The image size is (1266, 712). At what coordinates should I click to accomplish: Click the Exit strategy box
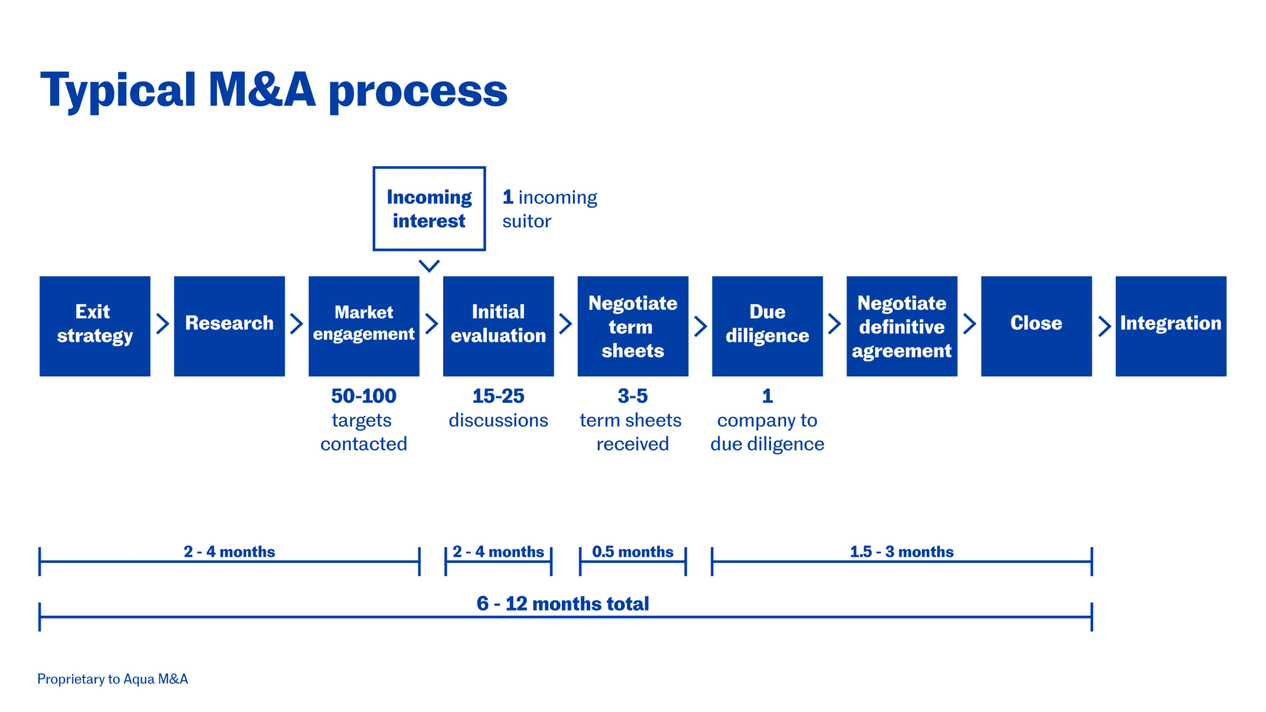coord(95,326)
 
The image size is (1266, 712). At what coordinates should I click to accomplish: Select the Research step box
coord(229,326)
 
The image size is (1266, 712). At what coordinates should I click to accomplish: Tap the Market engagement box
coord(363,326)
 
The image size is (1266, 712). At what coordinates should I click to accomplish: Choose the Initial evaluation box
coord(498,326)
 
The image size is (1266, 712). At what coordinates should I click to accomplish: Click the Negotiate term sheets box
coord(632,326)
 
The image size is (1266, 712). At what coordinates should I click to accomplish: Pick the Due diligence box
coord(767,326)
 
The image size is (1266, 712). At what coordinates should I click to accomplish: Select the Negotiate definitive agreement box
coord(901,326)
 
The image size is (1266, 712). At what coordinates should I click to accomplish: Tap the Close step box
coord(1036,326)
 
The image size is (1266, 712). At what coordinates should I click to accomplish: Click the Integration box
coord(1171,326)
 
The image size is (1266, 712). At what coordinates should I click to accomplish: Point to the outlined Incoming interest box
coord(429,208)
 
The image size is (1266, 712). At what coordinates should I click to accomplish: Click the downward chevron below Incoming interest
coord(429,266)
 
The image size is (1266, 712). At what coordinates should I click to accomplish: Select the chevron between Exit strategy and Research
coord(163,323)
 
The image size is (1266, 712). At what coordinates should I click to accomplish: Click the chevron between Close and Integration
coord(1104,326)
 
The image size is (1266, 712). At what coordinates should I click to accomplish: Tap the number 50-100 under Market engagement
coord(363,396)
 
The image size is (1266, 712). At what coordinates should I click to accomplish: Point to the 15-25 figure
coord(498,396)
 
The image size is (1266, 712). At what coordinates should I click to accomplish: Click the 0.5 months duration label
coord(632,551)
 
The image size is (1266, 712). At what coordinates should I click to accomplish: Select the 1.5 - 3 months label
coord(901,551)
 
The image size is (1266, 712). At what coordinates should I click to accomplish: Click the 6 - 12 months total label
coord(563,603)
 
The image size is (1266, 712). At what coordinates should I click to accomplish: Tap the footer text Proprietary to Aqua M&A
coord(113,679)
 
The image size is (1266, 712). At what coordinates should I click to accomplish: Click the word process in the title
coord(418,91)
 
